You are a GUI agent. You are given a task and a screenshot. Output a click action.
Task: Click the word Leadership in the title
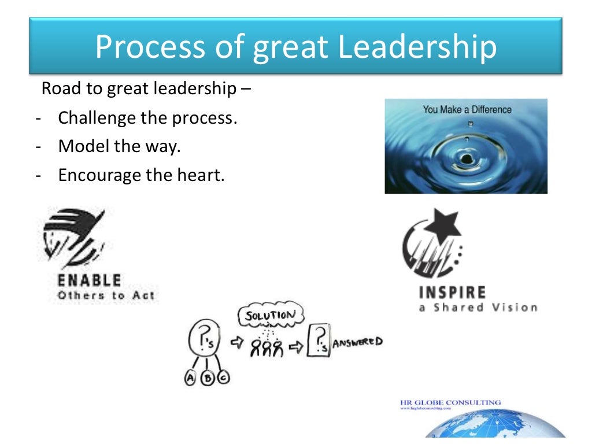(417, 47)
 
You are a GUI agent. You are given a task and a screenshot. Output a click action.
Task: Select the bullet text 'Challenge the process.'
(148, 119)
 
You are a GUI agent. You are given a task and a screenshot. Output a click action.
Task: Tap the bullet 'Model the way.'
(120, 146)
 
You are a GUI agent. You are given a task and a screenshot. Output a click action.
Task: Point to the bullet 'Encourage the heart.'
(140, 174)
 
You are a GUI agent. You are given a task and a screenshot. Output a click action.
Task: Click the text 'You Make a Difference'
(467, 109)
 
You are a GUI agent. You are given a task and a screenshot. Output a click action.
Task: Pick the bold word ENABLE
(90, 281)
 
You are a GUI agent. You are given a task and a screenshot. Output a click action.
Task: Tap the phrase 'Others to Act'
(105, 296)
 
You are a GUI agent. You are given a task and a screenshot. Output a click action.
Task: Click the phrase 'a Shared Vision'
(478, 308)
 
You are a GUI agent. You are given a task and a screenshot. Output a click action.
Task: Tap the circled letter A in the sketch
(190, 378)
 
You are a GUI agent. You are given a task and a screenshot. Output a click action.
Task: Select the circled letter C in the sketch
(223, 378)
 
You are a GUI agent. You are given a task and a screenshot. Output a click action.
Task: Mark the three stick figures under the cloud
(266, 347)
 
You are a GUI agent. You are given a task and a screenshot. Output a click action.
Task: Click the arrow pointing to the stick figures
(236, 344)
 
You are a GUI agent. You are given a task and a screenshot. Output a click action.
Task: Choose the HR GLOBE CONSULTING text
(450, 402)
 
